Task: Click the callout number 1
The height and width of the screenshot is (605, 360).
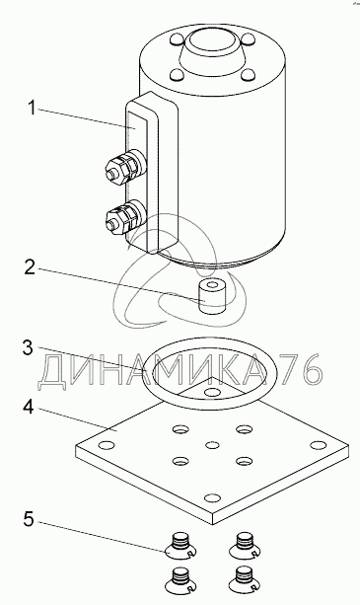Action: click(x=32, y=109)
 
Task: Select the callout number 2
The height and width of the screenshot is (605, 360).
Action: click(x=30, y=267)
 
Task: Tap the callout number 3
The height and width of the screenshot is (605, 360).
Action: click(x=28, y=348)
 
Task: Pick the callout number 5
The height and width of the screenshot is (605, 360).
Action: click(x=29, y=519)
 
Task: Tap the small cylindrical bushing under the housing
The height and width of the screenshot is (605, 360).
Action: click(x=211, y=297)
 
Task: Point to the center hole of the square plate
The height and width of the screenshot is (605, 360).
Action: click(x=212, y=445)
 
